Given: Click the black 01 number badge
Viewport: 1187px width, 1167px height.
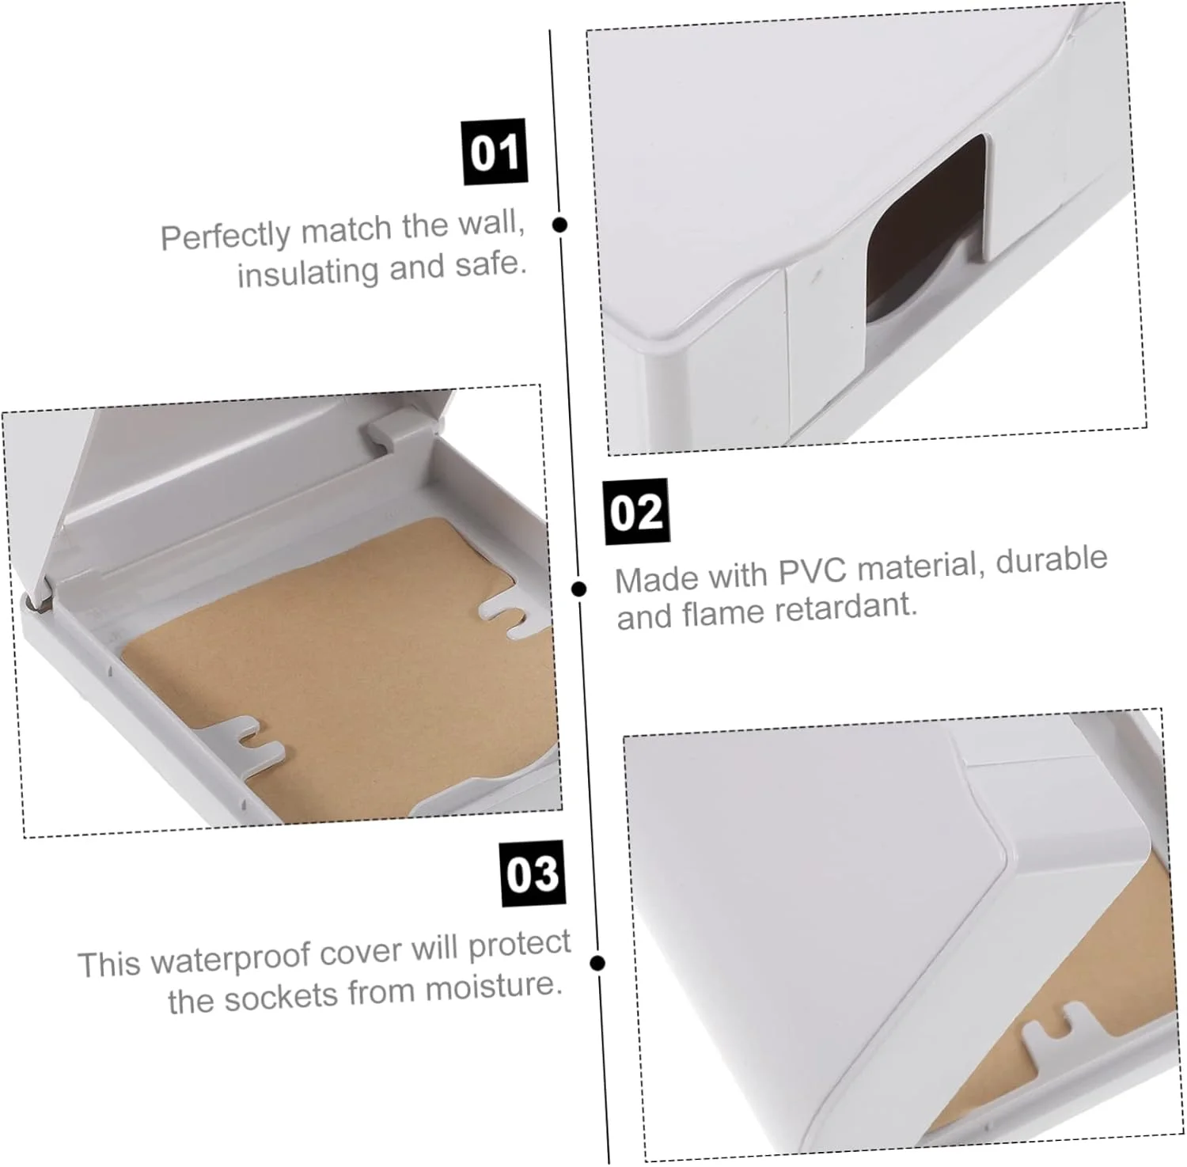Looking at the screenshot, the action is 495,152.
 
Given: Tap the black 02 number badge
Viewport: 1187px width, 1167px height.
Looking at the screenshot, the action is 636,512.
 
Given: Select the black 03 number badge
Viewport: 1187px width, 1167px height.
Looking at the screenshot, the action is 533,874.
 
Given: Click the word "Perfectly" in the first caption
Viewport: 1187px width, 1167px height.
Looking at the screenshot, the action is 226,234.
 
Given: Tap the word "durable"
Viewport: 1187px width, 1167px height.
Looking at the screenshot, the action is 1052,559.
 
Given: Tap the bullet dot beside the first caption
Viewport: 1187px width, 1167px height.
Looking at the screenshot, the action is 559,225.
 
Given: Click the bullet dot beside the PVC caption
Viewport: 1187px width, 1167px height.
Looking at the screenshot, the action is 579,589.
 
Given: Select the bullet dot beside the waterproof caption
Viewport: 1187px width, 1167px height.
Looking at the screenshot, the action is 598,963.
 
